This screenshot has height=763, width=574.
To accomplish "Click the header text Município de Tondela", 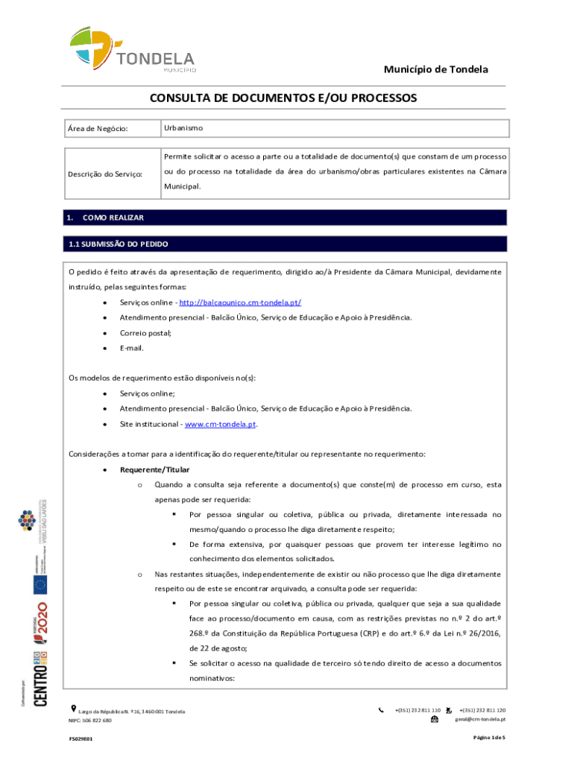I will click(436, 69).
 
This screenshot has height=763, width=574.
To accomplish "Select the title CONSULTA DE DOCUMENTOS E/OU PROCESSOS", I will click(283, 98).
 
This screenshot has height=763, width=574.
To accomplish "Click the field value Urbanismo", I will click(183, 129).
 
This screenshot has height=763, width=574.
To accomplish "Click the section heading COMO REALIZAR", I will click(113, 218).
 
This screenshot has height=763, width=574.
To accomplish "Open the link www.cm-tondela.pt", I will click(221, 424).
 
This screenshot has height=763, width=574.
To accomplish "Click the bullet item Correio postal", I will click(146, 333).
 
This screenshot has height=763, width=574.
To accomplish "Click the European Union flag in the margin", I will click(42, 586).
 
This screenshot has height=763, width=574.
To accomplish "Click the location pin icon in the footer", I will click(72, 708).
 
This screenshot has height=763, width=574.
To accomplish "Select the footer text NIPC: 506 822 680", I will click(90, 721).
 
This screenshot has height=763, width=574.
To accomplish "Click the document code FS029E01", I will click(81, 739).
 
